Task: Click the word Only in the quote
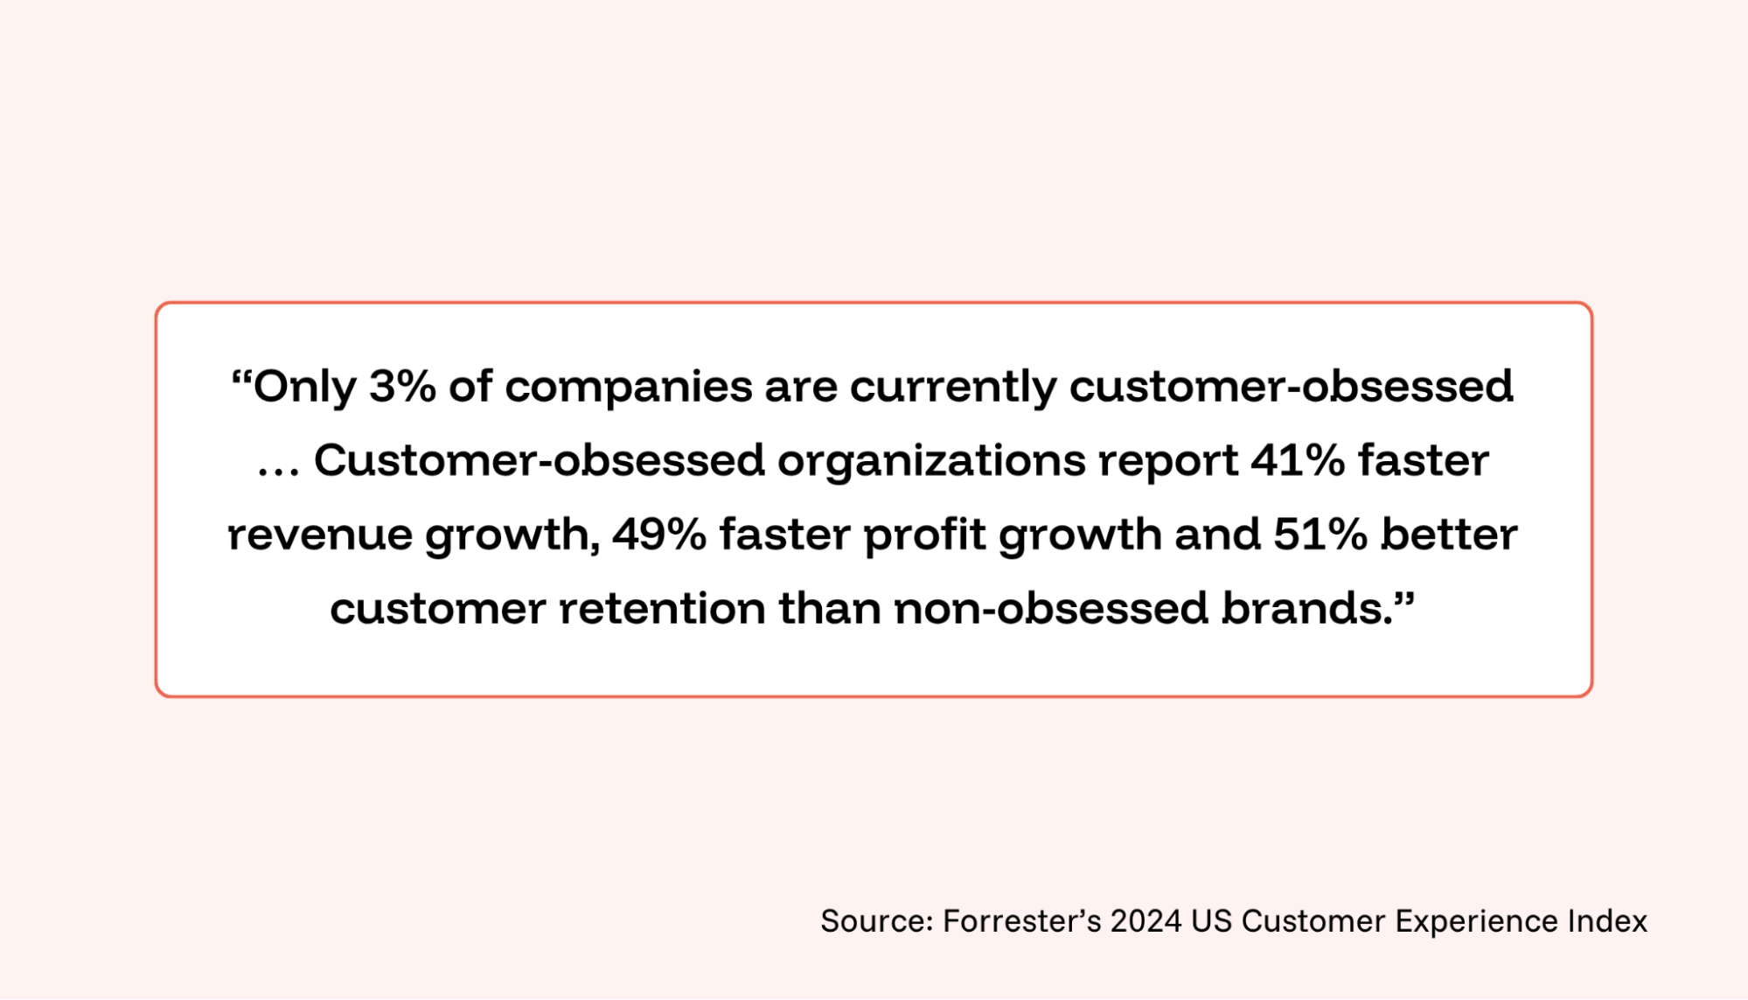click(x=305, y=388)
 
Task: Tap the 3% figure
click(x=402, y=386)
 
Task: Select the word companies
click(x=628, y=388)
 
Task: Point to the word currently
click(x=953, y=388)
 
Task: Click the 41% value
click(x=1298, y=460)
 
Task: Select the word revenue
click(x=320, y=535)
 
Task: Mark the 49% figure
click(x=659, y=535)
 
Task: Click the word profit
click(x=925, y=535)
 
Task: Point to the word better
click(x=1449, y=534)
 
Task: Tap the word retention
click(x=662, y=609)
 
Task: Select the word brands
click(x=1307, y=609)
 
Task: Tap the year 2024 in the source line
click(x=1146, y=921)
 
